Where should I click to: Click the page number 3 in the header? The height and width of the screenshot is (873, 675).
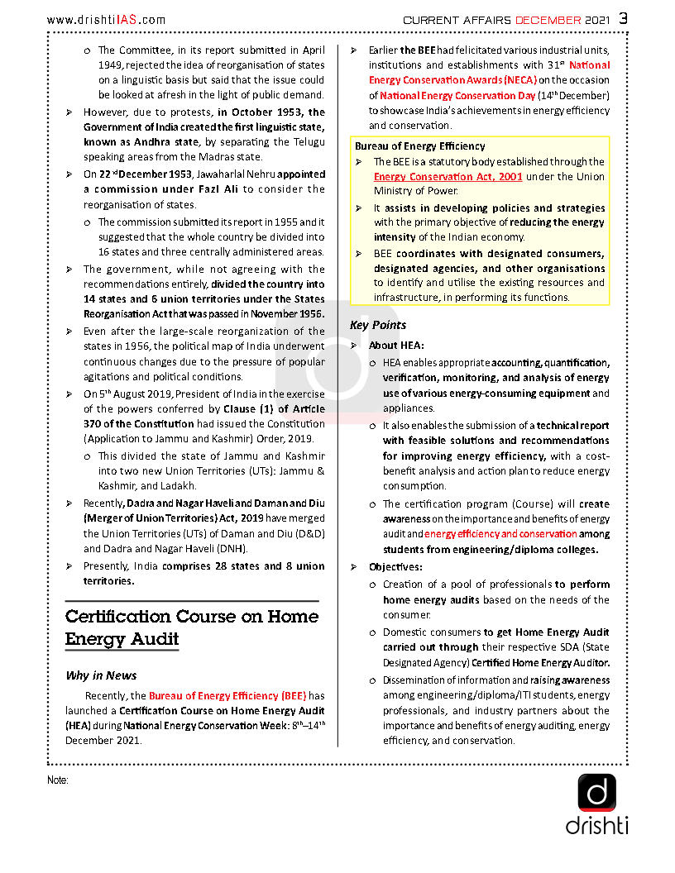coord(623,18)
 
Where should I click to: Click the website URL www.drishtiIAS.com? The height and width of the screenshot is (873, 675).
coord(106,20)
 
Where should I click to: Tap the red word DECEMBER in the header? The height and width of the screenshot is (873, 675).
coord(548,20)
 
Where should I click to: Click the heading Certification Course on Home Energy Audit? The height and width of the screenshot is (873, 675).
coord(192,627)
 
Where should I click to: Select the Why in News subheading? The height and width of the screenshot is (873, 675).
coord(101,675)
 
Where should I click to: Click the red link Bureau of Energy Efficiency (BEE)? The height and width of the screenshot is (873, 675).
coord(227,696)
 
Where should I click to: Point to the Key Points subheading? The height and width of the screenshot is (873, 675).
coord(378,325)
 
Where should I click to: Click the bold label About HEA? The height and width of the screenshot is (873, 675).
coord(396,346)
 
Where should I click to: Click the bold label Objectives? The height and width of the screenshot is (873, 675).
coord(395,567)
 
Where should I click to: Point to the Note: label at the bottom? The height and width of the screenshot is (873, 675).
coord(57,780)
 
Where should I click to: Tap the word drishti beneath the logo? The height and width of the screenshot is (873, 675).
coord(596,825)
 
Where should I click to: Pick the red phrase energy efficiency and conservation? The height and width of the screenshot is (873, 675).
coord(500,534)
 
